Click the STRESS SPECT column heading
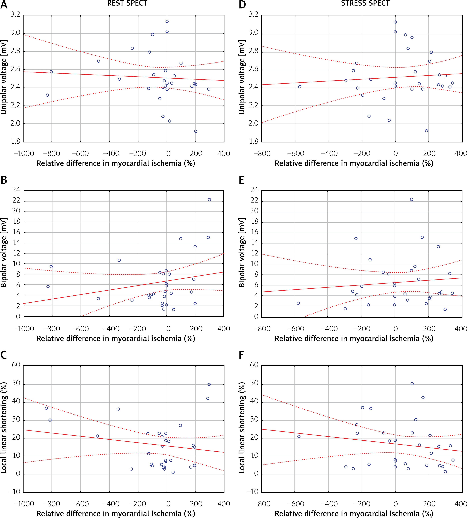click(x=365, y=3)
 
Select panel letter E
click(x=241, y=180)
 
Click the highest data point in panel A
click(x=167, y=21)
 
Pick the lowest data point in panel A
click(x=196, y=131)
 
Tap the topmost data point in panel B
click(x=209, y=200)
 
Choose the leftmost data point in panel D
click(x=300, y=87)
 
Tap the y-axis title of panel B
click(x=4, y=253)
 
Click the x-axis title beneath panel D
click(x=354, y=163)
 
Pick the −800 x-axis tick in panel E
click(x=262, y=329)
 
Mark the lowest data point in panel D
click(x=426, y=131)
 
